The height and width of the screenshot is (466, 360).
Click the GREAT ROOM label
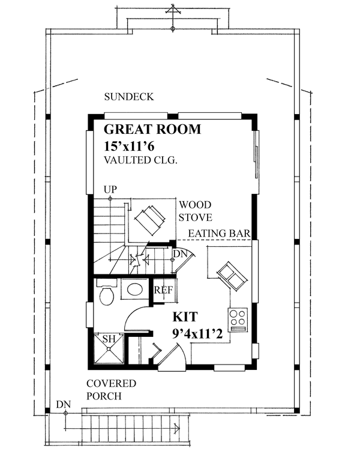(x=152, y=130)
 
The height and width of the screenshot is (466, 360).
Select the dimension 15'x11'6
(x=133, y=146)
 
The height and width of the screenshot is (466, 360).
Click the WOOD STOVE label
(x=194, y=211)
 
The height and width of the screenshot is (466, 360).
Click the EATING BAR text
(x=219, y=233)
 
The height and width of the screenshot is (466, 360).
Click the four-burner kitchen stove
(x=238, y=319)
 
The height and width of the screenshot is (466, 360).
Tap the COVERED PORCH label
(x=110, y=390)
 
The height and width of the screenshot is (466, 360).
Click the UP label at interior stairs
(x=110, y=190)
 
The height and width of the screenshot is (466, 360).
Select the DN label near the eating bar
(x=179, y=255)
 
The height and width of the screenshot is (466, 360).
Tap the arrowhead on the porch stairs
(x=176, y=428)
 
